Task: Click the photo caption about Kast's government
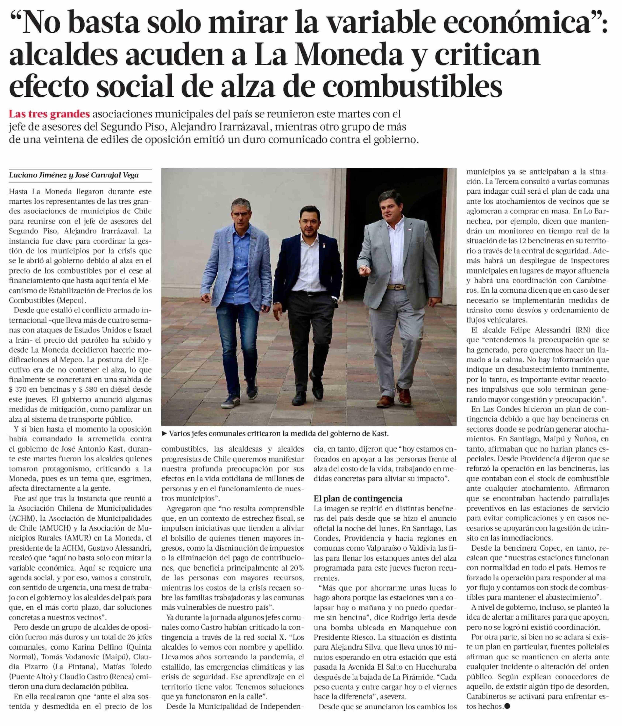point(279,433)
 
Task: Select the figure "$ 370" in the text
point(19,389)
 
